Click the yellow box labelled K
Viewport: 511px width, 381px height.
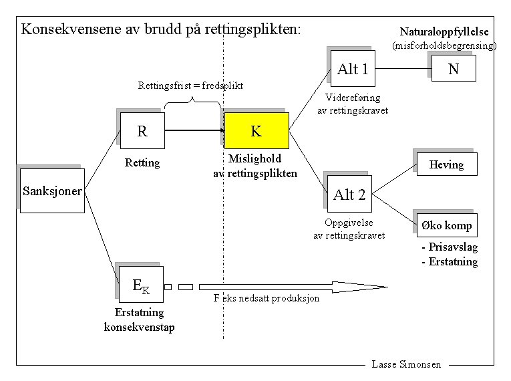click(257, 131)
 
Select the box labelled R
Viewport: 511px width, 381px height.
click(142, 131)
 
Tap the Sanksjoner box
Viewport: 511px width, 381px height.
click(52, 191)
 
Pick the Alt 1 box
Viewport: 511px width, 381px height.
click(353, 69)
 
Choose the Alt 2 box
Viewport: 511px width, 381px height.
click(349, 195)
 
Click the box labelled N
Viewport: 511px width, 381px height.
click(454, 69)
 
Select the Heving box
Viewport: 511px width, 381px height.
click(446, 164)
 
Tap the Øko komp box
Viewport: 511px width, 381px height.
click(446, 225)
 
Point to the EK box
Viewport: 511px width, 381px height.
click(141, 287)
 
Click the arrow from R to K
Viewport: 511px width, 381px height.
click(194, 131)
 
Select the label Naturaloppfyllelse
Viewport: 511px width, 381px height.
click(444, 31)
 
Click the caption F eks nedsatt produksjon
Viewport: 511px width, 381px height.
click(266, 298)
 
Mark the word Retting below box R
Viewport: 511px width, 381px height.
click(142, 162)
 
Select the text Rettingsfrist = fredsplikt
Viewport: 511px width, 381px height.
click(190, 86)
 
